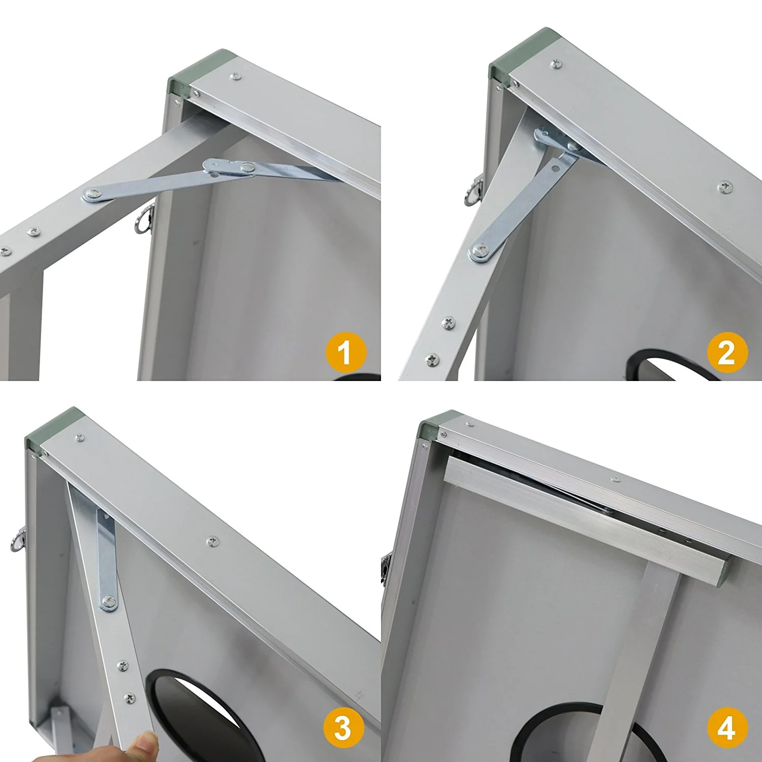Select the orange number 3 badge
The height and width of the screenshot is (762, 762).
[343, 727]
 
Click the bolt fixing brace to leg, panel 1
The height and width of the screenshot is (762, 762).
[93, 194]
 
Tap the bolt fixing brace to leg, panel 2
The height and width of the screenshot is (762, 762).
[480, 250]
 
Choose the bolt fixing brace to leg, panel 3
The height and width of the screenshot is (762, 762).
[108, 602]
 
